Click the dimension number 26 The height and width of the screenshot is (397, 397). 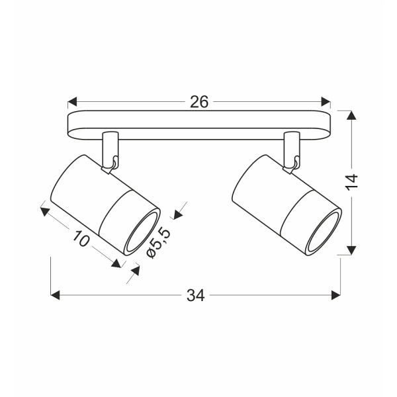[199, 102]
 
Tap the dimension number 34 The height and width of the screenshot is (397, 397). [195, 296]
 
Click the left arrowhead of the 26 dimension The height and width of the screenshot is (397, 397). [73, 102]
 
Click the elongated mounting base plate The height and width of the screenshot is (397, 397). [198, 126]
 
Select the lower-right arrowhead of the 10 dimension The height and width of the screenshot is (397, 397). [116, 263]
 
